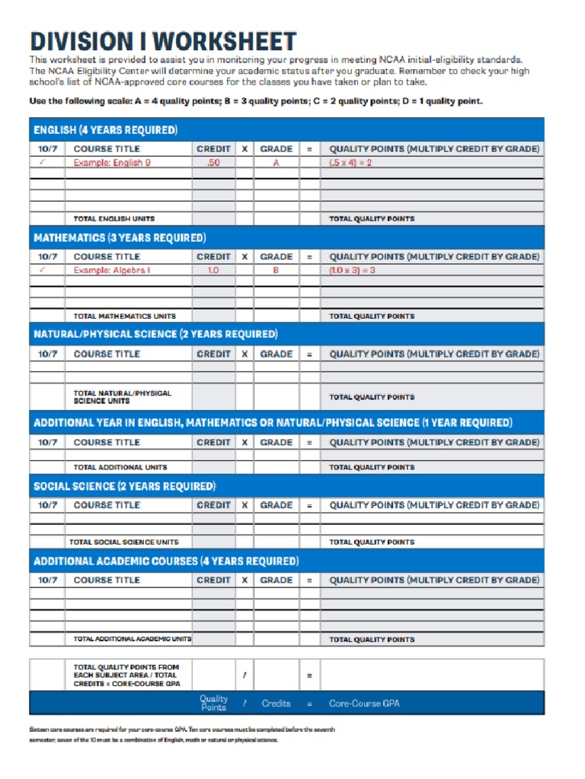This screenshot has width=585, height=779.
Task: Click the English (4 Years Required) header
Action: (x=105, y=130)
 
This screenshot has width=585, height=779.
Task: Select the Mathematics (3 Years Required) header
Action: (x=120, y=238)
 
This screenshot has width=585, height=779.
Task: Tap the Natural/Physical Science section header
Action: (x=155, y=334)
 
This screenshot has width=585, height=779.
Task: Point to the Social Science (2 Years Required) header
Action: (x=125, y=486)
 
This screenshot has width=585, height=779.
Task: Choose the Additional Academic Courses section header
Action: (x=166, y=561)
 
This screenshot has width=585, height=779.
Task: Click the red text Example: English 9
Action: (x=112, y=163)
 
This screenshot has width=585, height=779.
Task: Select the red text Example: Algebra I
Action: (x=112, y=270)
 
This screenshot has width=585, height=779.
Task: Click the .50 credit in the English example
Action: (x=213, y=163)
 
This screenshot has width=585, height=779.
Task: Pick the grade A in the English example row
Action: (x=276, y=163)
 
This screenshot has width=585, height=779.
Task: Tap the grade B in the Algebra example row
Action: (x=276, y=270)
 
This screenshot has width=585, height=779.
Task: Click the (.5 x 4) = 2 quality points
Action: (x=350, y=163)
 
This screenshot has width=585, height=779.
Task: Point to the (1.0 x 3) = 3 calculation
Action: (x=353, y=270)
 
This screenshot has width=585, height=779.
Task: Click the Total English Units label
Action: (x=114, y=219)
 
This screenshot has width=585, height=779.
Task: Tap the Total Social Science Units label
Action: (x=124, y=542)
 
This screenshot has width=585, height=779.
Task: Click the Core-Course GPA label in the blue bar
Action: (x=364, y=704)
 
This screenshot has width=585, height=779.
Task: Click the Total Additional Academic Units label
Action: (x=133, y=640)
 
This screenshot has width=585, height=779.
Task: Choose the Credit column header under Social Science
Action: (x=213, y=505)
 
